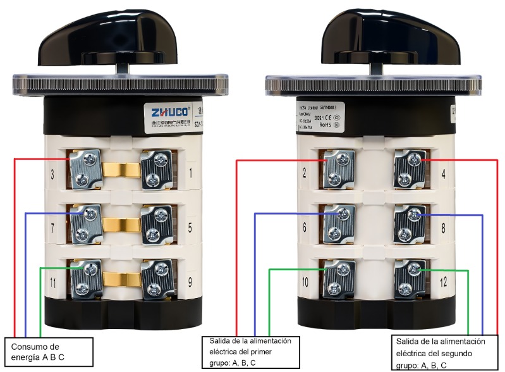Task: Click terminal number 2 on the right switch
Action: [x=338, y=170]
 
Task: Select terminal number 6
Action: [x=338, y=225]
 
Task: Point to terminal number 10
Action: [x=338, y=280]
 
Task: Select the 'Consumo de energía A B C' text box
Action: [x=50, y=352]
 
